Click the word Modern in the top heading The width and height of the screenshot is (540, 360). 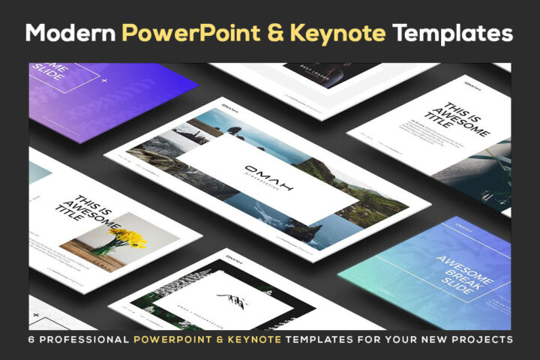click(x=68, y=34)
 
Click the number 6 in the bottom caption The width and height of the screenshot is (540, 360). click(x=32, y=340)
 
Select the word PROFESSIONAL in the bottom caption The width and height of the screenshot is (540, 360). click(x=84, y=340)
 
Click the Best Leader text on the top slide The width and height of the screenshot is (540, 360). click(x=312, y=69)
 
